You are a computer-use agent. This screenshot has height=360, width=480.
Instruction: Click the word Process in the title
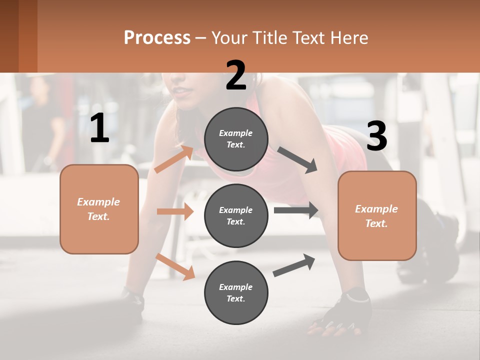click(157, 38)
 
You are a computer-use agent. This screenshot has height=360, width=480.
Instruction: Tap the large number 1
click(99, 128)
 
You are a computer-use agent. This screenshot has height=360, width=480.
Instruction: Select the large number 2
click(236, 75)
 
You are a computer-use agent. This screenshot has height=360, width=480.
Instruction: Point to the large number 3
click(376, 136)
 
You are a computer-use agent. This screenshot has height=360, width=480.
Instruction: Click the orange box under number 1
click(99, 209)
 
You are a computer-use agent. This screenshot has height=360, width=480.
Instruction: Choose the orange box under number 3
click(377, 215)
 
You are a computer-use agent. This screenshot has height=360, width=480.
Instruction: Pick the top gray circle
click(236, 139)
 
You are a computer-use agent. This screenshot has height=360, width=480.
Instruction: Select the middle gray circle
click(236, 215)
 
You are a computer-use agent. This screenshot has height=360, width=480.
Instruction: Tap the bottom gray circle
click(236, 292)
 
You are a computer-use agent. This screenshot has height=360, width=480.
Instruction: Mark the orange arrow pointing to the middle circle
click(175, 211)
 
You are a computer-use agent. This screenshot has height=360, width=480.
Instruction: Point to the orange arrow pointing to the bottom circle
click(175, 266)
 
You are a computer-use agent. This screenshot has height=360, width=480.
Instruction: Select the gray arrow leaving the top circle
click(297, 160)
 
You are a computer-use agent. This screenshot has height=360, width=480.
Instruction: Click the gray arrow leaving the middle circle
click(295, 210)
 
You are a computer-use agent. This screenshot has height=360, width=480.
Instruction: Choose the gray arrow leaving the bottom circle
click(294, 265)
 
